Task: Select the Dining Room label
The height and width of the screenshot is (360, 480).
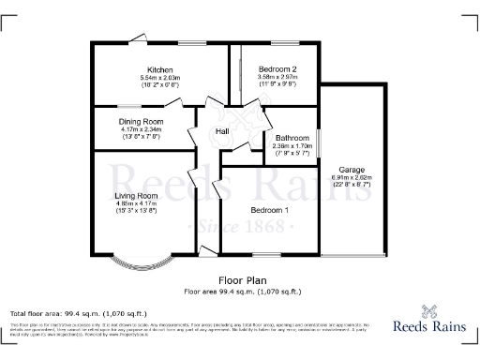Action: [x=141, y=121]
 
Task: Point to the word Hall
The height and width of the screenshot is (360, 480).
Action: [x=223, y=131]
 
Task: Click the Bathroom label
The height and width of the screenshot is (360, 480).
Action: [x=292, y=138]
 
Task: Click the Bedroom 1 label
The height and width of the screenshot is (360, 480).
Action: [x=270, y=210]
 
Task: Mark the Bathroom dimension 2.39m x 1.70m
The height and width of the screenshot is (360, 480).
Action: [x=292, y=145]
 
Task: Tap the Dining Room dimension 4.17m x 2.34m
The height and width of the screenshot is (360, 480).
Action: [x=141, y=128]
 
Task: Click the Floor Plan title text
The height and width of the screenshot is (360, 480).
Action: [x=238, y=279]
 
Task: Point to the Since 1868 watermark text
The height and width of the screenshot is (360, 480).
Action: [x=240, y=228]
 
